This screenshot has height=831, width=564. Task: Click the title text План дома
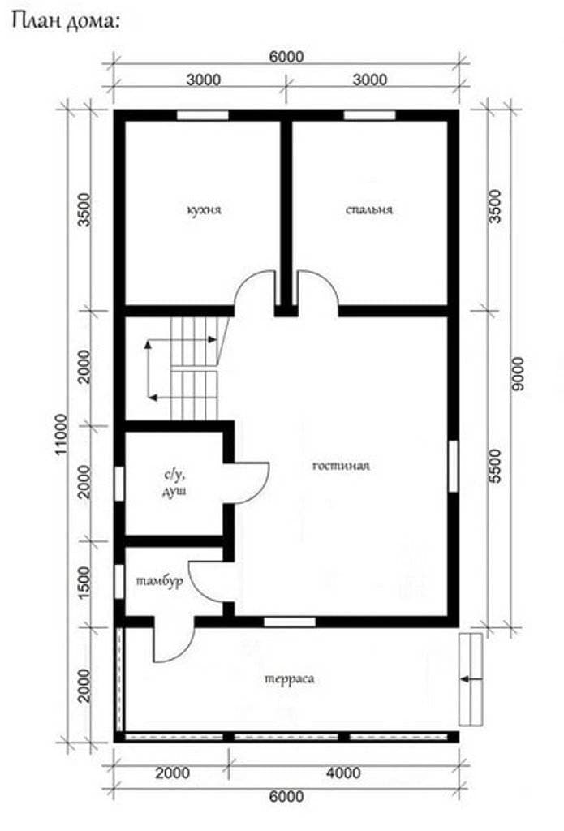(66, 21)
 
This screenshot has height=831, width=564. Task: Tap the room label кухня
(204, 210)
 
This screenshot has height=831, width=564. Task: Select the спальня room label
(369, 210)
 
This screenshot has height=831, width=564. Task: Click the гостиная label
(341, 466)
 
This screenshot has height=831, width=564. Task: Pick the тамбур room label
(160, 581)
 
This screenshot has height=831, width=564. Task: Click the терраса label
(289, 679)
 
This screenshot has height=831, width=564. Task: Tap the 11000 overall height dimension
(62, 434)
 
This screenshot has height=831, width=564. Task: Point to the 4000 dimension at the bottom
(343, 773)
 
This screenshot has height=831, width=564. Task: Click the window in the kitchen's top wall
(203, 115)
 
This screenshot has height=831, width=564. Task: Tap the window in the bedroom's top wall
(369, 115)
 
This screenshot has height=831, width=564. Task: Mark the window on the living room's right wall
(453, 466)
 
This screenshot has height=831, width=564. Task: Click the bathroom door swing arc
(262, 489)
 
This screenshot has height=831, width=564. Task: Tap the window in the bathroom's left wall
(119, 483)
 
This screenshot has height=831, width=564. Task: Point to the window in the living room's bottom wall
(290, 622)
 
